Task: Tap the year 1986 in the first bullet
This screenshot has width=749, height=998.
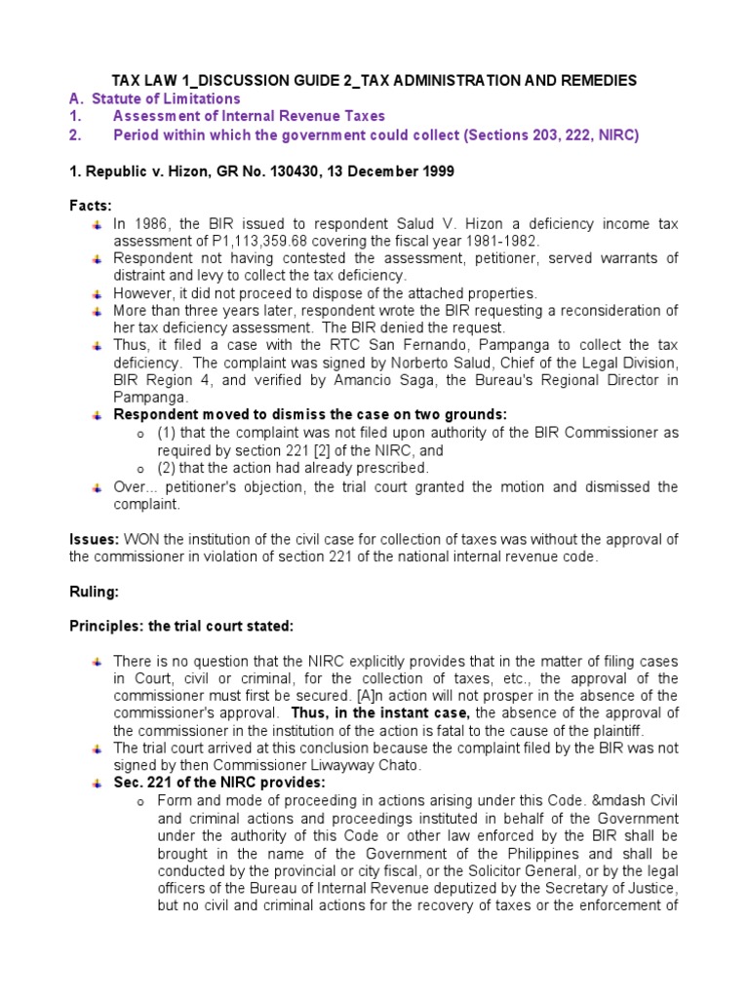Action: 148,225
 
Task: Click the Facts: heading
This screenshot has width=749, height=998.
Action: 91,207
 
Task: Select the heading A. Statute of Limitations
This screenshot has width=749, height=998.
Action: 154,98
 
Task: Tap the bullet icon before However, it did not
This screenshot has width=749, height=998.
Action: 98,293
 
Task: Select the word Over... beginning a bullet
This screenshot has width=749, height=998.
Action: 133,487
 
